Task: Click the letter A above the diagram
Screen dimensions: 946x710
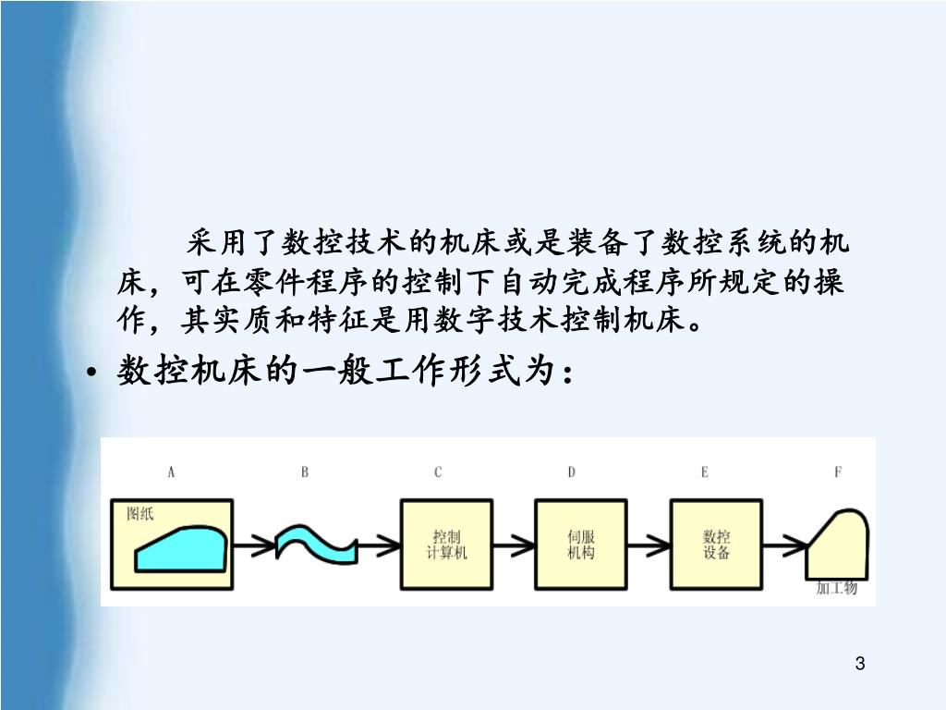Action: pyautogui.click(x=171, y=472)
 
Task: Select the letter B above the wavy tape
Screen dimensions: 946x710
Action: pyautogui.click(x=305, y=472)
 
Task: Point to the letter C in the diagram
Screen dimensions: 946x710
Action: pyautogui.click(x=438, y=472)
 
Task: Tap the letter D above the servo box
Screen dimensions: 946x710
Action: pyautogui.click(x=572, y=472)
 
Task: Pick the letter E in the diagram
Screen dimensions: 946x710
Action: pyautogui.click(x=705, y=472)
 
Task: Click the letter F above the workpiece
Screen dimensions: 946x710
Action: pyautogui.click(x=838, y=472)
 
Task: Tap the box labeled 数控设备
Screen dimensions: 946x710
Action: pyautogui.click(x=717, y=545)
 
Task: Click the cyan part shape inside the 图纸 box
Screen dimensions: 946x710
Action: pyautogui.click(x=181, y=551)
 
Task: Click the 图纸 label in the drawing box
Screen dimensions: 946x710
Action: pyautogui.click(x=141, y=515)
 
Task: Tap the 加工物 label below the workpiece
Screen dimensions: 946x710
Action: pyautogui.click(x=837, y=588)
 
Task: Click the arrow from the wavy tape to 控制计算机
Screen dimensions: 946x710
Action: pyautogui.click(x=379, y=545)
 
